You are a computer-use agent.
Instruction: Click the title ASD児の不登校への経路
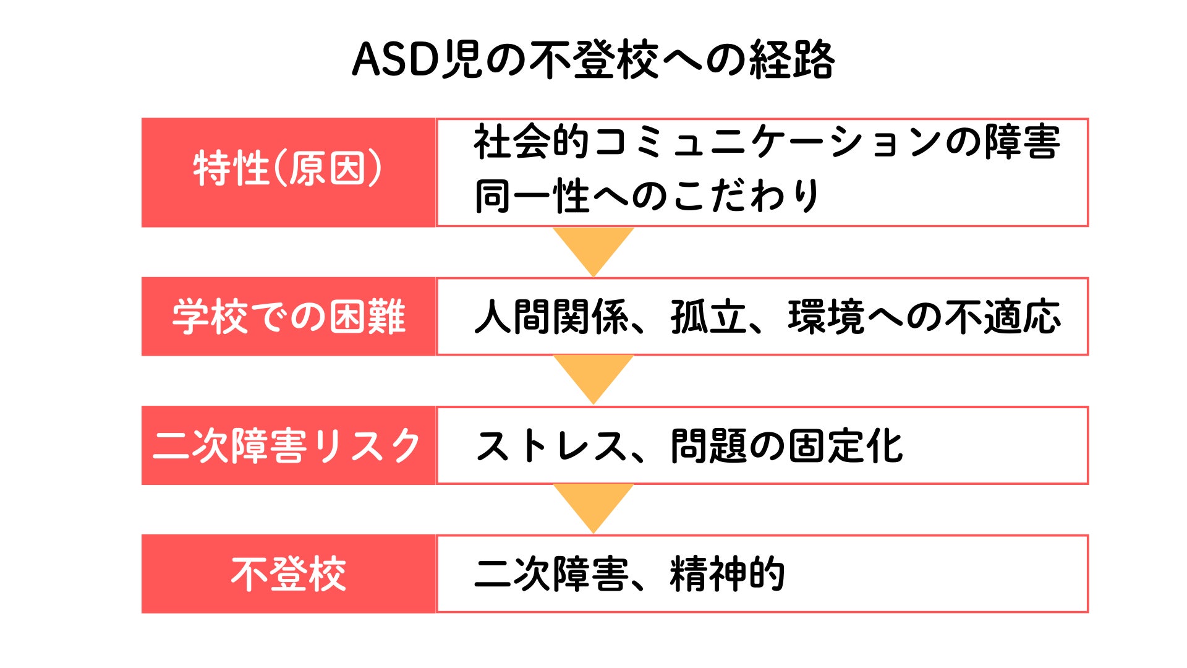coord(593,60)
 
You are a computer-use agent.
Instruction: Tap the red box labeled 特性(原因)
coord(289,173)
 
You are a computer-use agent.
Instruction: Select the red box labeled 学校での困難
coord(289,317)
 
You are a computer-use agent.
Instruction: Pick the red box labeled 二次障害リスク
coord(289,445)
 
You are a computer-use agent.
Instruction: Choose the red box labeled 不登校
coord(289,574)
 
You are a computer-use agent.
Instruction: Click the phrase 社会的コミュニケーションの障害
coord(767,142)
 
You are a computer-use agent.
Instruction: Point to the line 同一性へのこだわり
coord(647,196)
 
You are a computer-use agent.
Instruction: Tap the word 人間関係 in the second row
coord(551,317)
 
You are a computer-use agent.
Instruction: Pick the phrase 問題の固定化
coord(787,446)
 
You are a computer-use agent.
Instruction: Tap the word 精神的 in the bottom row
coord(728,574)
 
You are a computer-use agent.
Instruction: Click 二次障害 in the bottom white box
coord(551,574)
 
